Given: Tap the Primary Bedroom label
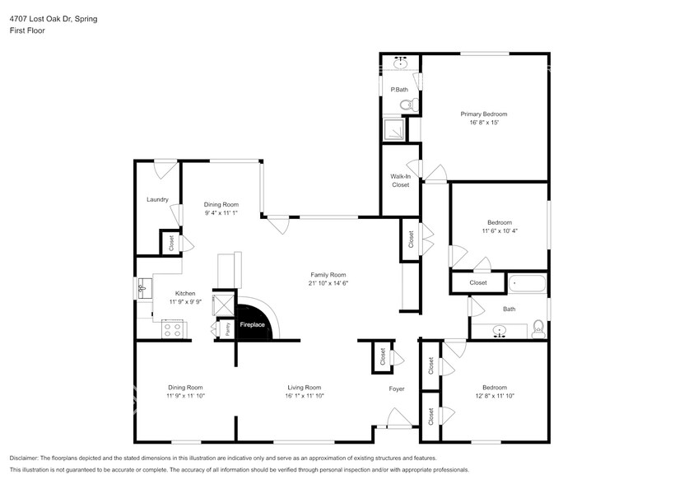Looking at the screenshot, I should click(483, 114).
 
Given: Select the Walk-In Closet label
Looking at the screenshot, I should click(400, 181).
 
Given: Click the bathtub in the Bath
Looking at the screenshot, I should click(528, 284).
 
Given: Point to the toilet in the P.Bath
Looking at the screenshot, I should click(404, 104).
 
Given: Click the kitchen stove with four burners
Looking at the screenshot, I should click(173, 329).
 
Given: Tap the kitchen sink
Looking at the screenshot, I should click(142, 286).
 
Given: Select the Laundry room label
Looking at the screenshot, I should click(157, 199).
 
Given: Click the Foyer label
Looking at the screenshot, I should click(397, 389).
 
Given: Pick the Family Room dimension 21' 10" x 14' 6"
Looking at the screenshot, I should click(328, 283).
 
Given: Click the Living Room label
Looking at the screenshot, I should click(304, 387).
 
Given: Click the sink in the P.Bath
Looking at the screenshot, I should click(402, 63).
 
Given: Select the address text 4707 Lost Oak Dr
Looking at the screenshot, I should click(53, 18).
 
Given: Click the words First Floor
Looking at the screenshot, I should click(27, 30).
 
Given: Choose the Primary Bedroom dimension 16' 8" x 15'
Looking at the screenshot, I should click(483, 123).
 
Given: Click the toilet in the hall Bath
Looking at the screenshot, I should click(537, 329).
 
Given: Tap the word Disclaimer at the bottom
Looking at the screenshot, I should click(27, 458).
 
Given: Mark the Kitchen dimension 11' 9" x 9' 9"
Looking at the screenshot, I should click(184, 301).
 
